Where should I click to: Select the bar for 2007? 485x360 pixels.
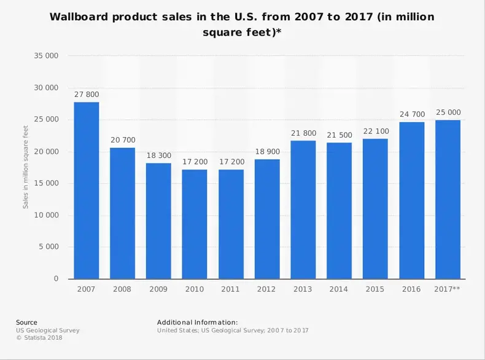87,190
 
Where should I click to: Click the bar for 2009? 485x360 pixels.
158,221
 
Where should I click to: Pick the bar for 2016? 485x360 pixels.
411,200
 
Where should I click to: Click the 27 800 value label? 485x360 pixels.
87,95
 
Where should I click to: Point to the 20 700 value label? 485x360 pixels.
123,140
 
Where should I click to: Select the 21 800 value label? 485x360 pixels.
303,133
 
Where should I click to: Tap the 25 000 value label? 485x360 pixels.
448,112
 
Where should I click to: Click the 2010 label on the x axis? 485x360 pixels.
195,289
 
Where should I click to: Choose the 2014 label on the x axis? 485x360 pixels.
339,289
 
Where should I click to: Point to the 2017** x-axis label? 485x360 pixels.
448,289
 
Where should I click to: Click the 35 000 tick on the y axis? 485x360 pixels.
47,56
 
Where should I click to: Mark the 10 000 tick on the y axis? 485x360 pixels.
47,215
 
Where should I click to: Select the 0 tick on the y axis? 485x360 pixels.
56,279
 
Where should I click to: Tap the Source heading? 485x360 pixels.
26,323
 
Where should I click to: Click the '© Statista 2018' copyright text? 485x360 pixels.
39,338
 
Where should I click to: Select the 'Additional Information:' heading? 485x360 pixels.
197,323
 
